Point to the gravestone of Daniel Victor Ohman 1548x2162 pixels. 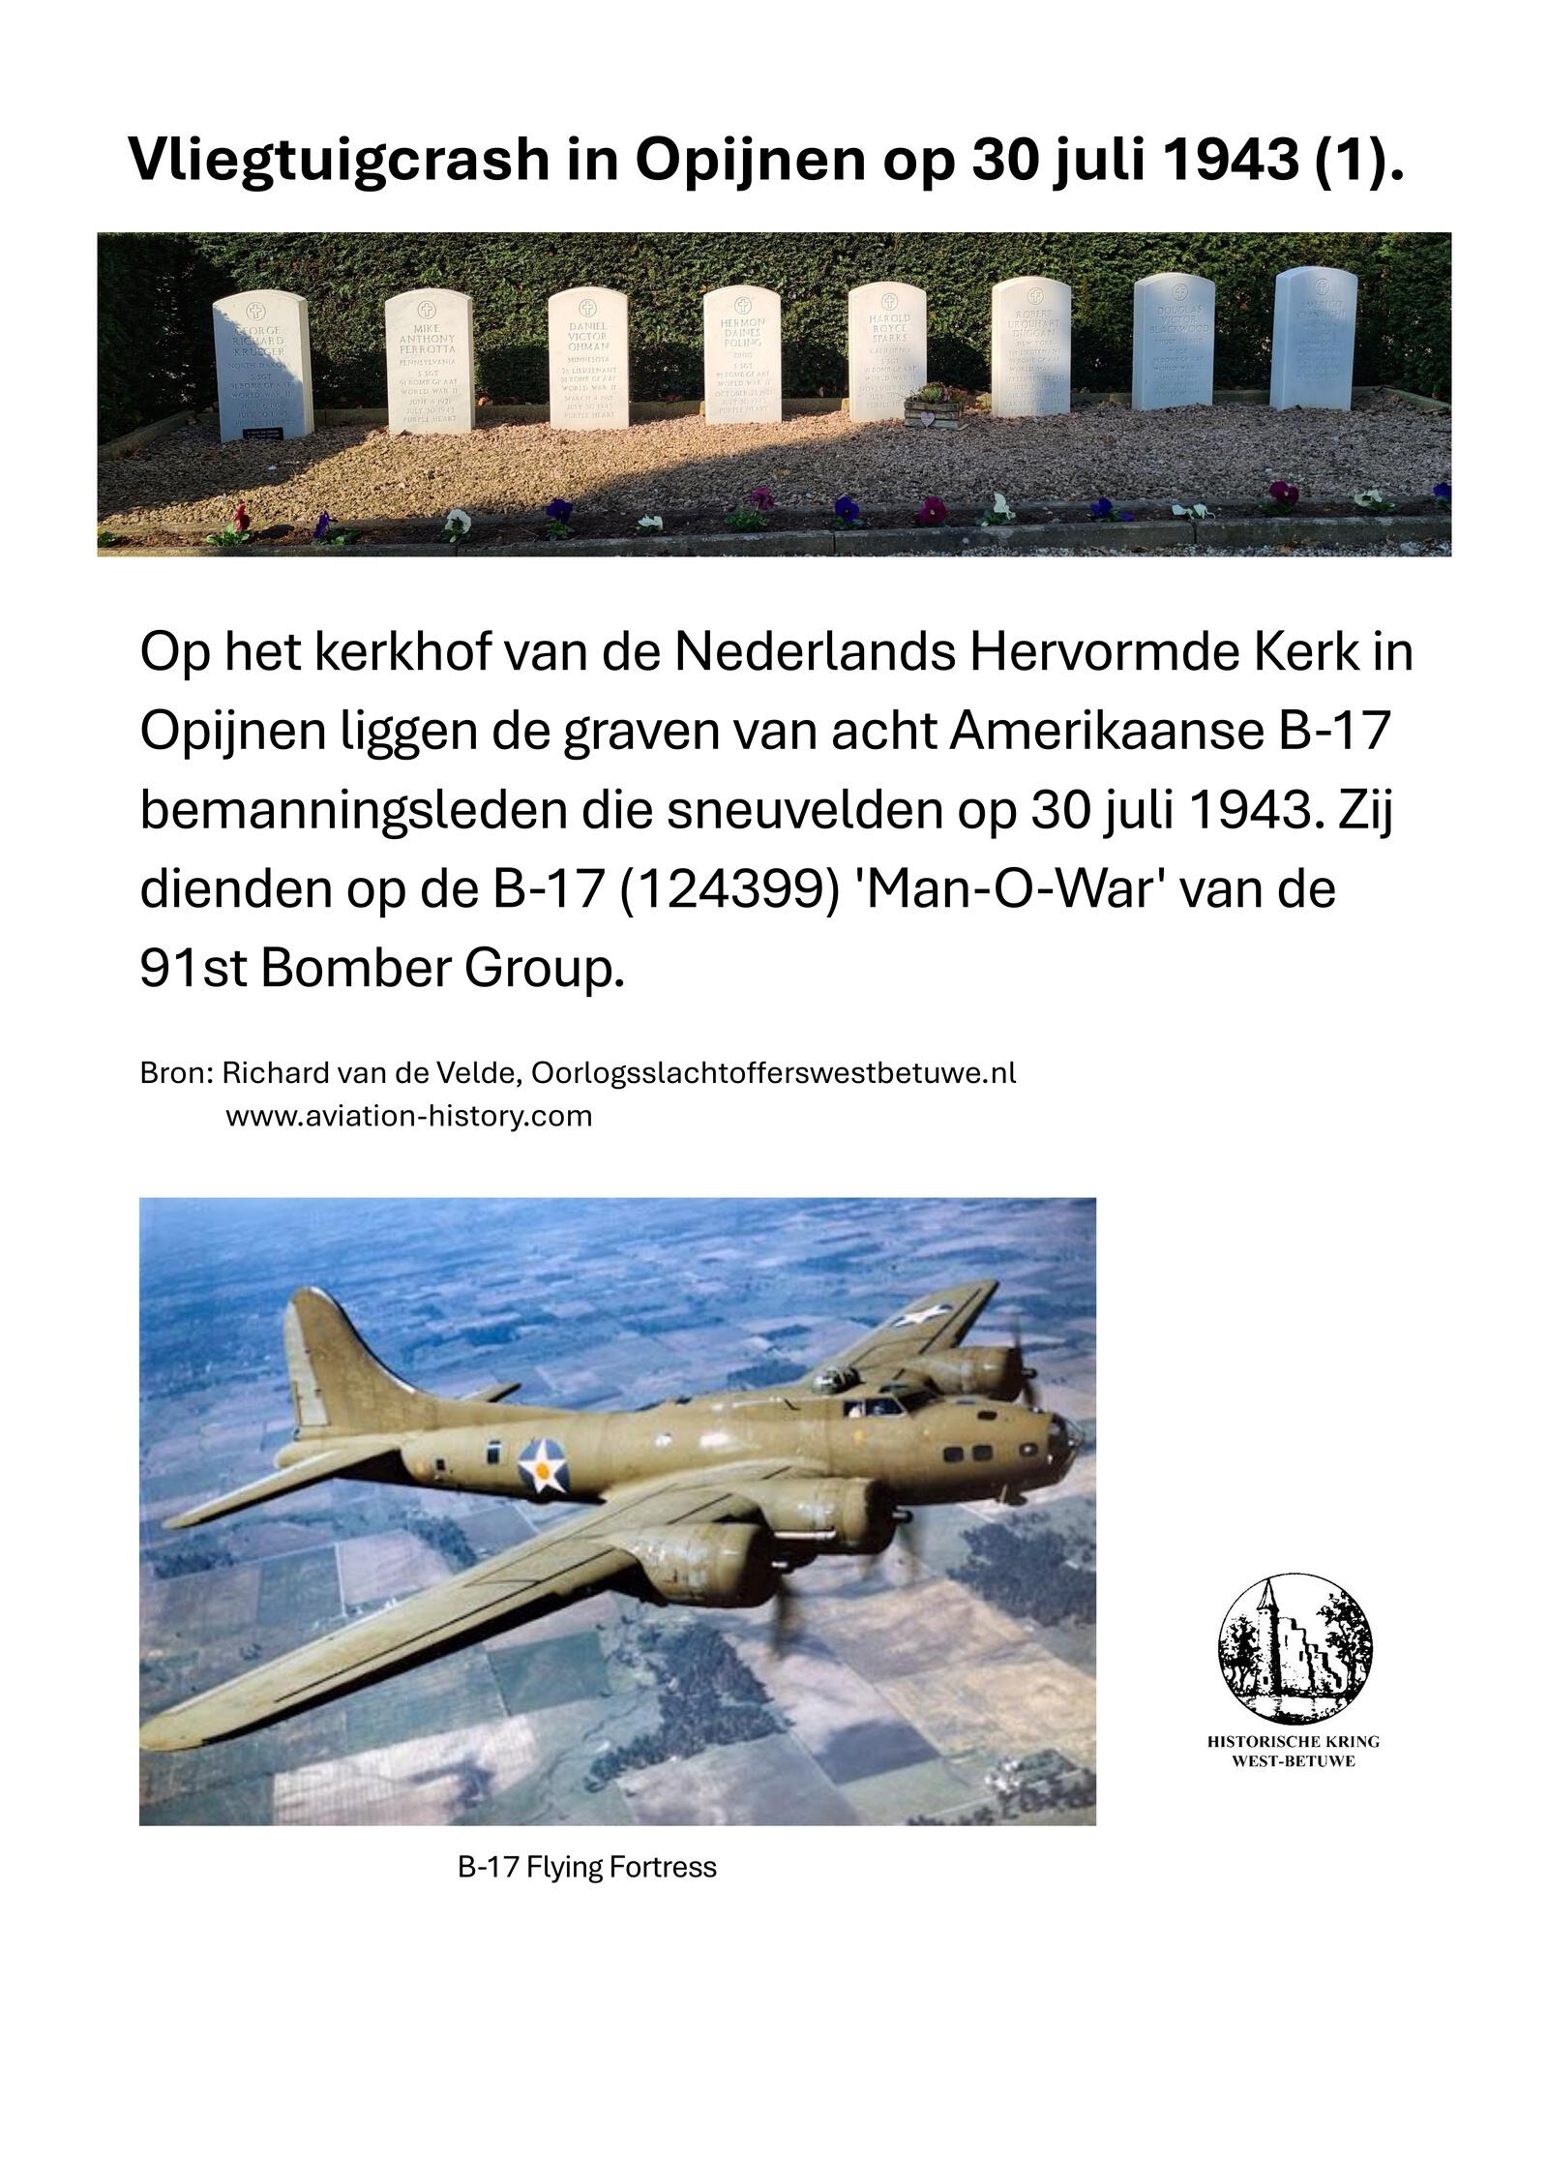[588, 359]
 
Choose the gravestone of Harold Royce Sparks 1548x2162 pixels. [888, 351]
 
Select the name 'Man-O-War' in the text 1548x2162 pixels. [1009, 888]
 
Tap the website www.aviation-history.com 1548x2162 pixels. [408, 1116]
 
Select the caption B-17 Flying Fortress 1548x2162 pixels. [586, 1867]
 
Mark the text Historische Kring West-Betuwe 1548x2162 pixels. [1294, 1751]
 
